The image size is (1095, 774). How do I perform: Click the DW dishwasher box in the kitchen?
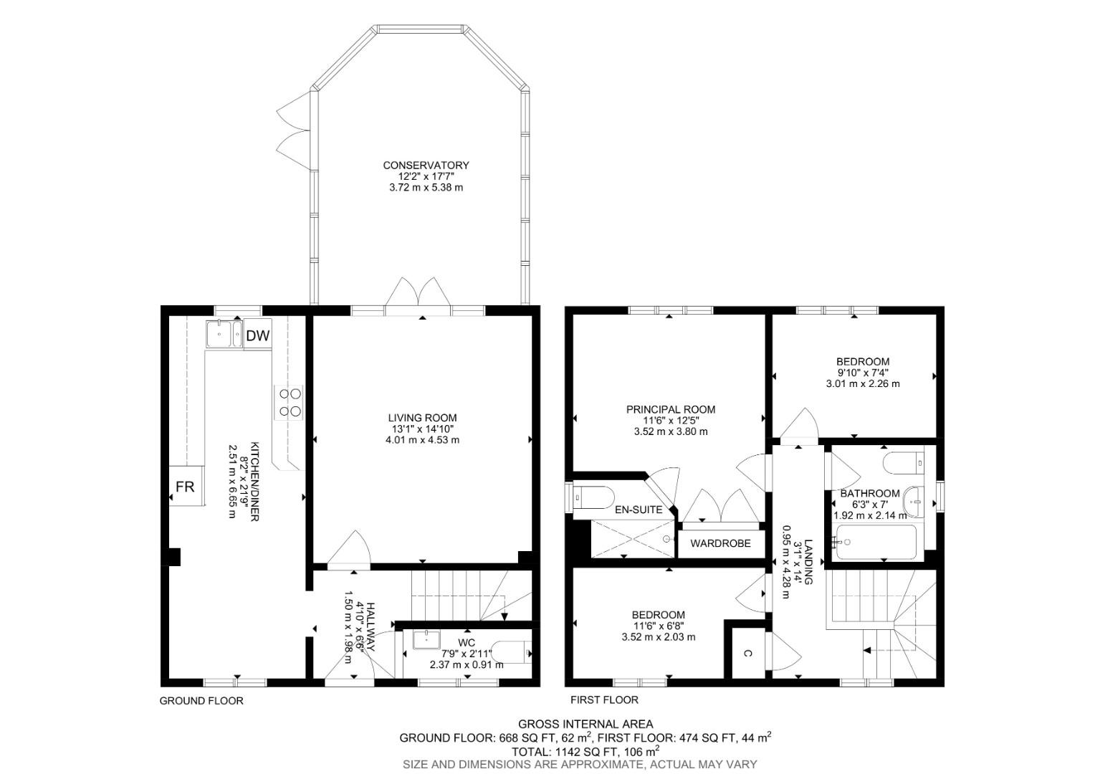click(258, 335)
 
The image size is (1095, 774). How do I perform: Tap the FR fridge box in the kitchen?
click(185, 487)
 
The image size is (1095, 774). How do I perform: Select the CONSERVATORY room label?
click(426, 166)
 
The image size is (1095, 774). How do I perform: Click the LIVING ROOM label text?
click(422, 418)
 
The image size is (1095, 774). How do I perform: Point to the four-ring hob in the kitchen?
click(289, 402)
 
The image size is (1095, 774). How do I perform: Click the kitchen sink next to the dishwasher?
click(224, 334)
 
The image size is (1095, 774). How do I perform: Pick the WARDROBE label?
click(720, 543)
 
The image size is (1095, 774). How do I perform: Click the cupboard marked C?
click(747, 653)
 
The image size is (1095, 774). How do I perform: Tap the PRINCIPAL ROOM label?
click(671, 410)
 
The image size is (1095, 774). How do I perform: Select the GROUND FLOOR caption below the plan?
click(201, 701)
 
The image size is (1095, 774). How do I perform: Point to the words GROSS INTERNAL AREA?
click(585, 725)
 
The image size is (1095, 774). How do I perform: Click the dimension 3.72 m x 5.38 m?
click(426, 188)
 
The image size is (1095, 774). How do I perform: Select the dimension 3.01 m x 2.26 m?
click(863, 383)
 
